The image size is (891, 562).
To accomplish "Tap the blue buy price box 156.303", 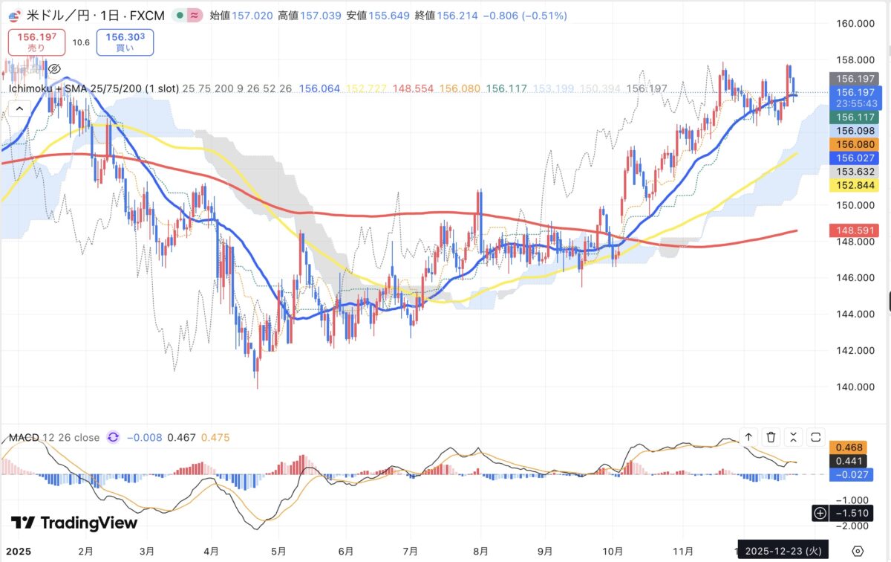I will (125, 42).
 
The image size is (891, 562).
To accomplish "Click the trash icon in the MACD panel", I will (771, 437).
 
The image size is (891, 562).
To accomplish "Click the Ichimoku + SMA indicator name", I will (94, 88).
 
